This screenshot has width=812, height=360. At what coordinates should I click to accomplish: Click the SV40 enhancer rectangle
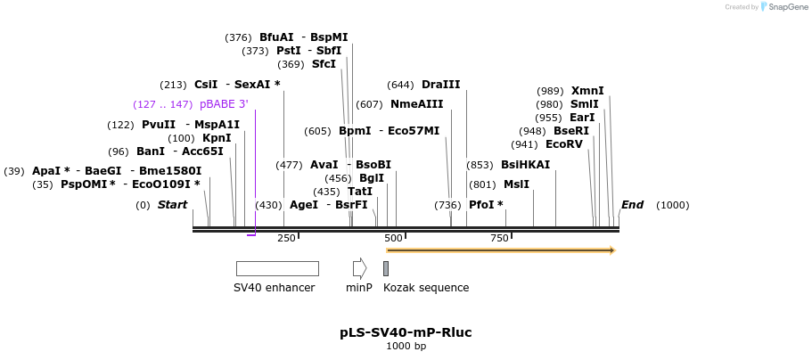tap(277, 269)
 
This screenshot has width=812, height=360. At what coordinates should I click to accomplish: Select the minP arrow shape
tap(360, 269)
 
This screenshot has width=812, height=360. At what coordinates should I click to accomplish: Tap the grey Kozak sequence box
tap(386, 269)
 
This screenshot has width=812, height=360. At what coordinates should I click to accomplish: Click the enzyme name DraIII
tap(441, 85)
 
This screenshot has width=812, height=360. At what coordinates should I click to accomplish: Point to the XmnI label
tap(587, 91)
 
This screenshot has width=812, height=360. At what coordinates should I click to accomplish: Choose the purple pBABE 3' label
tap(225, 104)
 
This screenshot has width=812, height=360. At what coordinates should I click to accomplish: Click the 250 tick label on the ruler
tap(286, 238)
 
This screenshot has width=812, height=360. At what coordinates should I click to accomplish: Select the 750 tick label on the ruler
tap(499, 238)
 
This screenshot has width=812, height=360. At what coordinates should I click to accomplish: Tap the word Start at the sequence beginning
tap(172, 205)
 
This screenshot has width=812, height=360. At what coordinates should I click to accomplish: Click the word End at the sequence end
tap(632, 205)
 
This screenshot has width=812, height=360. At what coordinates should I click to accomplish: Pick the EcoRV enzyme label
tap(564, 144)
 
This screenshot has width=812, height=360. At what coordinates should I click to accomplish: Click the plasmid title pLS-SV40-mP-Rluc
tap(406, 332)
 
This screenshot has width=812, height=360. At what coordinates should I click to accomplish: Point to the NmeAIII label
tap(417, 104)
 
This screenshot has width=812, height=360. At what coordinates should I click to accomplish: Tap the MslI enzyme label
tap(516, 184)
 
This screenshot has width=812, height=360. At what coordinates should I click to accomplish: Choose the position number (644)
tap(401, 85)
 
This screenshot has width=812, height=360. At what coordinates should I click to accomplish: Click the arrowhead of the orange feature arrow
tap(612, 250)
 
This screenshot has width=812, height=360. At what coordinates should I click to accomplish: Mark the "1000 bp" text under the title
tap(406, 346)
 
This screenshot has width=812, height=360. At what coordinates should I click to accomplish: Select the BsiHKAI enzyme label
tap(526, 165)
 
